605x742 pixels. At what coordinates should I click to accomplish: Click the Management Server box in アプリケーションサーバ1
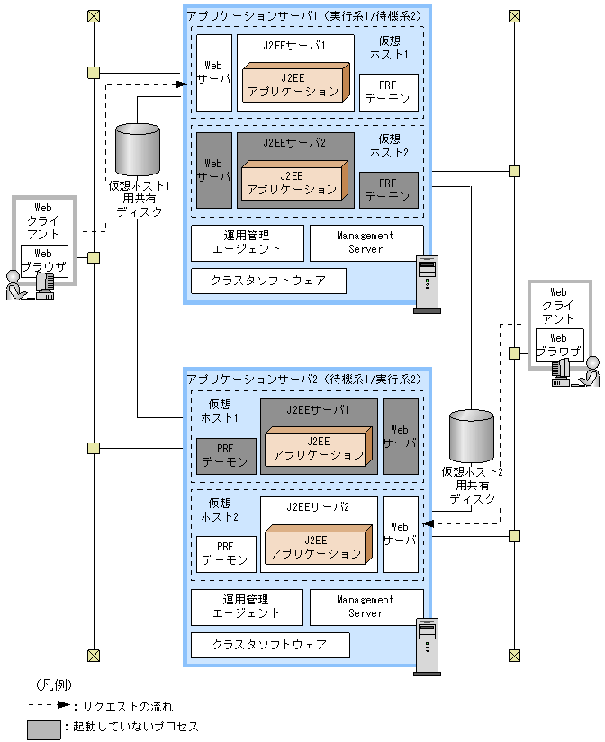pos(366,243)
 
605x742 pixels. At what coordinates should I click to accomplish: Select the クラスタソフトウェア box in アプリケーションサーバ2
pos(269,645)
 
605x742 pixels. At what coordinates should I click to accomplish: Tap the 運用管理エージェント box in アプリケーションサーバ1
pos(247,243)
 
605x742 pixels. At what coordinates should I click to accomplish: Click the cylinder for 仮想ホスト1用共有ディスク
pos(138,150)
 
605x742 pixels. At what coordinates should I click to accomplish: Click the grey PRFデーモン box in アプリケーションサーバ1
pos(388,190)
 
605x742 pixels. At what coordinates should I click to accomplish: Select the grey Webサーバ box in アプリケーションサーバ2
pos(401,436)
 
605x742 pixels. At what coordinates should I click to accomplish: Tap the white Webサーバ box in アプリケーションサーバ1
pos(213,72)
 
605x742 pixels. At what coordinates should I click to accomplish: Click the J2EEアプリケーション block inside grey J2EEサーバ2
pos(292,183)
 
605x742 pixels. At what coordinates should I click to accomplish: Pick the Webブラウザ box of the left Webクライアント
pos(42,260)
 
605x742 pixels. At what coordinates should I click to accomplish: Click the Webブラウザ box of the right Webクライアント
pos(559,344)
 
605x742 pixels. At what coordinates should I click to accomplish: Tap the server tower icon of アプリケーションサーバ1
pos(427,283)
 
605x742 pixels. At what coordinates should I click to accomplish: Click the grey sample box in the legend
pos(43,727)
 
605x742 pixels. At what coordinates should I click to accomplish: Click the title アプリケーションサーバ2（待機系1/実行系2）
pos(303,379)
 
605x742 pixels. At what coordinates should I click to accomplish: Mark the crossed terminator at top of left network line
pos(94,16)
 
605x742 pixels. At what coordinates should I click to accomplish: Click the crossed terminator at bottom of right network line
pos(514,655)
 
